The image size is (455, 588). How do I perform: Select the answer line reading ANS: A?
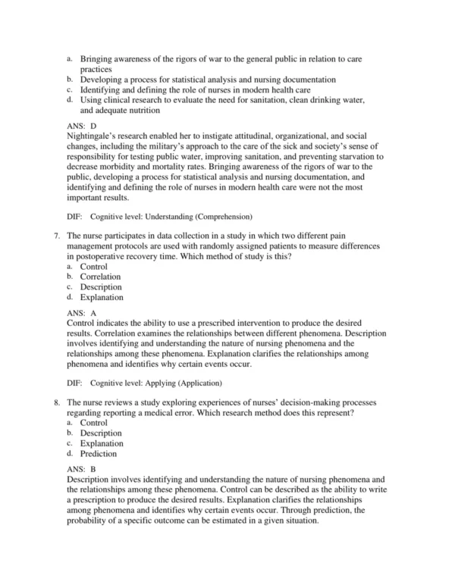(x=82, y=311)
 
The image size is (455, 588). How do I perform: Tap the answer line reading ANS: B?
(x=82, y=470)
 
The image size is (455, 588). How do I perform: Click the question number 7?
(x=57, y=235)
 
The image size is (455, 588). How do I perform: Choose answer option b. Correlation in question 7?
(x=101, y=277)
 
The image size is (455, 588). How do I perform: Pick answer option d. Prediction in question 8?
(x=99, y=454)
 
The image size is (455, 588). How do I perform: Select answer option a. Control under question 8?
(x=94, y=423)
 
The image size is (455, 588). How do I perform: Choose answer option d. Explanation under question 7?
(x=101, y=298)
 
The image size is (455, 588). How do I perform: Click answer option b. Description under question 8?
(x=101, y=433)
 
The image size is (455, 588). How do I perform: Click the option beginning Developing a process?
(x=209, y=79)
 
